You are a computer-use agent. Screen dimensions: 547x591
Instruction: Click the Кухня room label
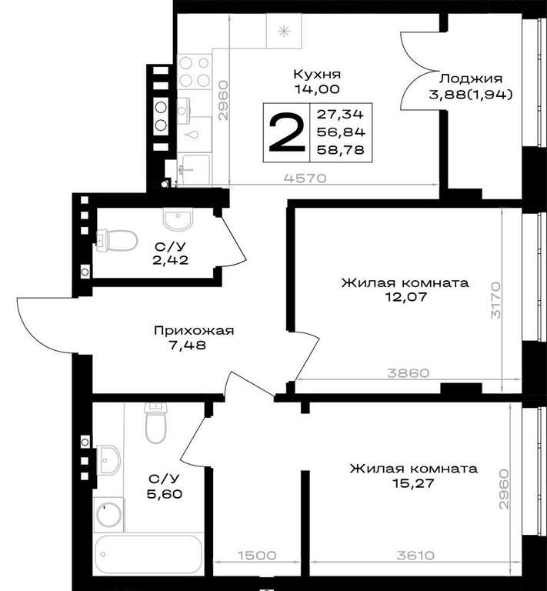click(317, 74)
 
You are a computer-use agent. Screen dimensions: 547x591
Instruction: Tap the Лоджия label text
click(471, 78)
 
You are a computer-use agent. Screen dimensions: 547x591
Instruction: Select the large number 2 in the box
click(286, 133)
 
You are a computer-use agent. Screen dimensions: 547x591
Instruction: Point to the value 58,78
click(341, 150)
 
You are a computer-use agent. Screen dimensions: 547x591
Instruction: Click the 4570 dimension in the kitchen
click(305, 178)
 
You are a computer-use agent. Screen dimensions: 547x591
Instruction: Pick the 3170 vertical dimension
click(496, 300)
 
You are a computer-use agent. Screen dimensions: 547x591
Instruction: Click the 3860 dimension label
click(408, 373)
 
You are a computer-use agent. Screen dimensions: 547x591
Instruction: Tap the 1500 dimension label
click(257, 555)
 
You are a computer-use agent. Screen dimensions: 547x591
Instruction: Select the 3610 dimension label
click(415, 555)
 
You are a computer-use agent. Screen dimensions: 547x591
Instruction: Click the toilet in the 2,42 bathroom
click(117, 240)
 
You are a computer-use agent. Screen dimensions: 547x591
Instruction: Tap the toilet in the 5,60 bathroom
click(155, 422)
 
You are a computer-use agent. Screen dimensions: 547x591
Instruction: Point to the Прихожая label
click(194, 331)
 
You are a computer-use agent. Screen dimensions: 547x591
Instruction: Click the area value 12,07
click(405, 297)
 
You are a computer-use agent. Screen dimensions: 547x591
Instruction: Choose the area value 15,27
click(413, 482)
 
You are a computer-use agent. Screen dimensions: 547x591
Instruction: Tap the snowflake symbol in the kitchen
click(284, 31)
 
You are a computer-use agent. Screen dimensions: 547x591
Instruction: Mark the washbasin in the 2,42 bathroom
click(178, 219)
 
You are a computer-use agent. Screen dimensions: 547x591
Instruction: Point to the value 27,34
click(340, 114)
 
